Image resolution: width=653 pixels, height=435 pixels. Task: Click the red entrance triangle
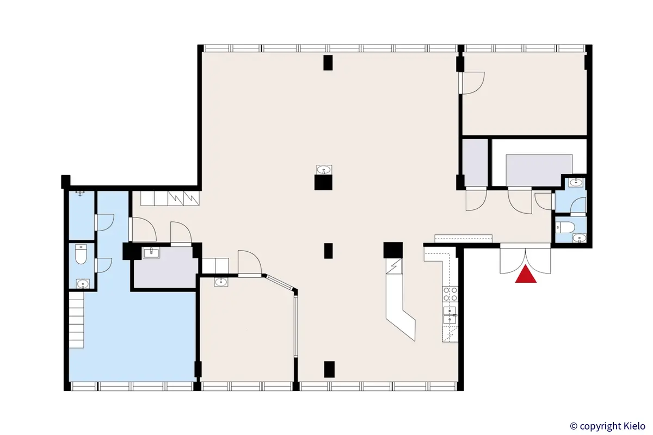pos(526,276)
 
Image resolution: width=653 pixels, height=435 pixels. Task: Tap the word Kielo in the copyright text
pos(634,426)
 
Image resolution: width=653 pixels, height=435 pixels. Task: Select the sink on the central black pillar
pos(324,170)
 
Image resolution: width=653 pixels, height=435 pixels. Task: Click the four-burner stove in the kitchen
pos(450,294)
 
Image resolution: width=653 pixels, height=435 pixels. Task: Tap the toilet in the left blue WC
pos(82,254)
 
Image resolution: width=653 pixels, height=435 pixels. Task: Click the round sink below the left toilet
pos(82,283)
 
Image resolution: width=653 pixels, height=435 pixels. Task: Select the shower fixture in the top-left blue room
pos(81,192)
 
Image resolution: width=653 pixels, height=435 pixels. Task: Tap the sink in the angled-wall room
pos(220,282)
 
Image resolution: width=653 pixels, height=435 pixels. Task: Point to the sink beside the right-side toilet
pos(578,237)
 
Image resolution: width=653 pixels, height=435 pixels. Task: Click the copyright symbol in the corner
pos(573,426)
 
